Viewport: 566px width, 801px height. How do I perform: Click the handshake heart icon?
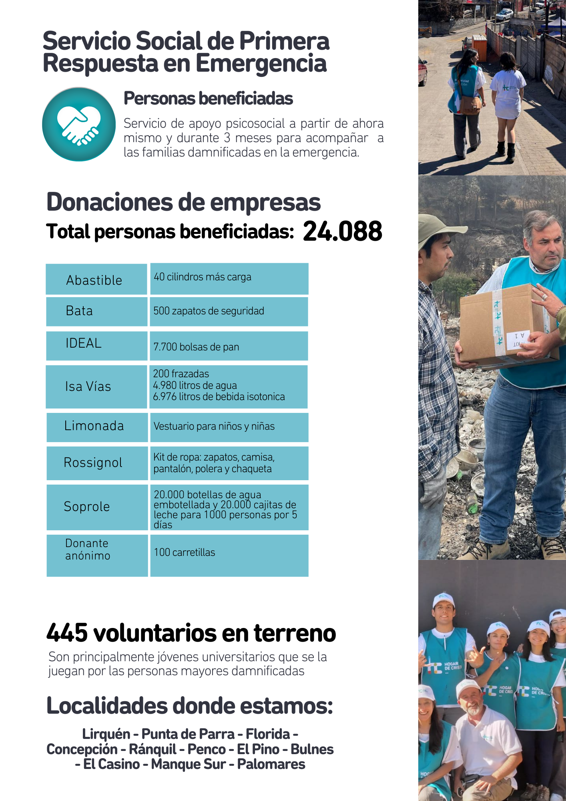(x=79, y=124)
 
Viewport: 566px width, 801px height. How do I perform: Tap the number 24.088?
(x=343, y=231)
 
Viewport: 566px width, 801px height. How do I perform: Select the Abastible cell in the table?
(x=96, y=280)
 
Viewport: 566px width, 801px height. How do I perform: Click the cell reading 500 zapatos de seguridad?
(x=229, y=311)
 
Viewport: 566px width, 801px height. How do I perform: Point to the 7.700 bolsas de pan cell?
(x=229, y=346)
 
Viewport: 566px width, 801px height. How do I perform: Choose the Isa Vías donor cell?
(x=96, y=386)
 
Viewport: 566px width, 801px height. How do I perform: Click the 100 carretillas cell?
(x=229, y=555)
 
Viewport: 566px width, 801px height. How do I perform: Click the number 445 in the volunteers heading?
(x=67, y=633)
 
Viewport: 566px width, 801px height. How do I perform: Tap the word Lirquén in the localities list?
(x=106, y=734)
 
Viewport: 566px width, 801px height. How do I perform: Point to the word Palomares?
(x=271, y=764)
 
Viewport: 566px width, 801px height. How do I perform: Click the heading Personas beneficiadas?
(x=208, y=99)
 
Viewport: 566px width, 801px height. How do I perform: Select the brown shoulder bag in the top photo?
(x=470, y=105)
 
